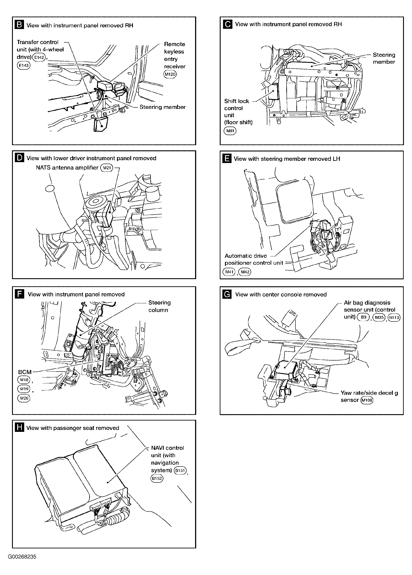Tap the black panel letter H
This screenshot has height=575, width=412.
click(x=19, y=428)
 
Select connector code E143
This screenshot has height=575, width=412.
click(x=23, y=65)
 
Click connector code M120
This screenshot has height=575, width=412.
click(x=170, y=74)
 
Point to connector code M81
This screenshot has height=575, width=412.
click(x=230, y=131)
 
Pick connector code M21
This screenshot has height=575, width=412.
click(x=107, y=168)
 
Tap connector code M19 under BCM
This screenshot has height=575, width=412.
click(x=24, y=389)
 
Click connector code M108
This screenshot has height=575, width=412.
click(x=367, y=400)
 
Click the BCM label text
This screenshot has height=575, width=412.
click(x=25, y=372)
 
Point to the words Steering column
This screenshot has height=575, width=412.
click(x=159, y=306)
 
